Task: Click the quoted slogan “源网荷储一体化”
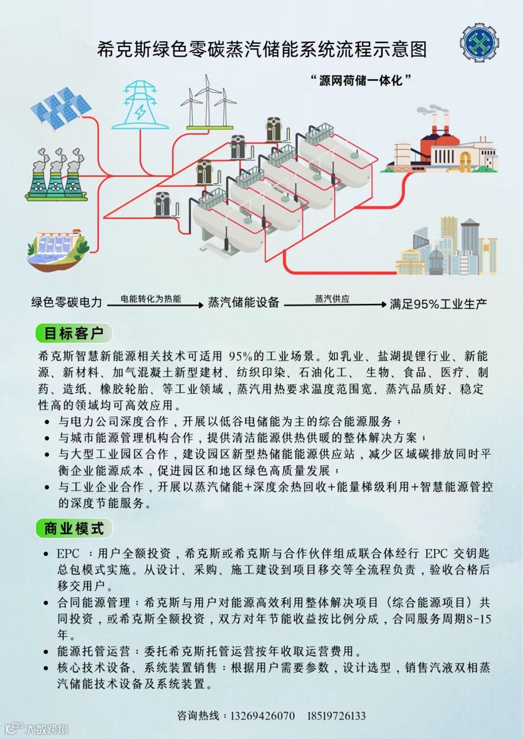(x=360, y=80)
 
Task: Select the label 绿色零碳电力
(x=67, y=302)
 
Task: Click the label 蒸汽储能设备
(x=243, y=302)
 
